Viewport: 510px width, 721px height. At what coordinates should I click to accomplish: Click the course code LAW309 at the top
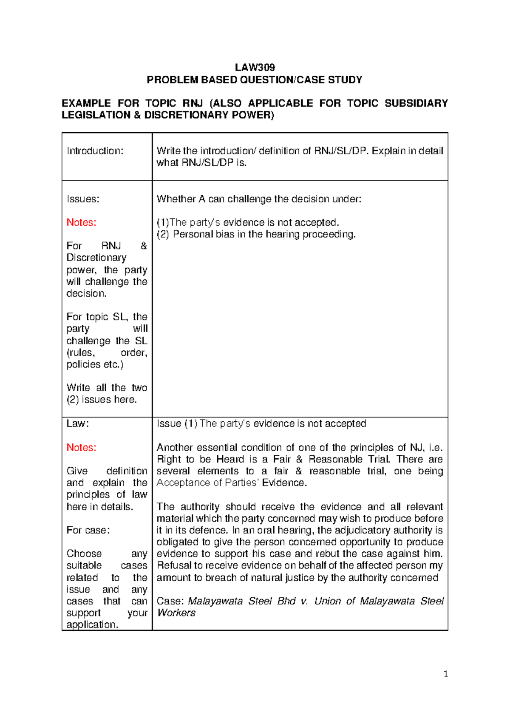(255, 67)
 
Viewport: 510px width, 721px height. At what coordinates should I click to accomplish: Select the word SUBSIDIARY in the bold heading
(416, 103)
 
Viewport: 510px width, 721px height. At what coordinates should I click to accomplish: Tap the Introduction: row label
(95, 151)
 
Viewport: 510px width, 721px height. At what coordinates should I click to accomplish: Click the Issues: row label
(83, 199)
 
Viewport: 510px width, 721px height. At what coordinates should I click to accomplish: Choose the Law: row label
(77, 423)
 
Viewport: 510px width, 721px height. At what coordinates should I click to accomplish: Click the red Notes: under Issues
(81, 222)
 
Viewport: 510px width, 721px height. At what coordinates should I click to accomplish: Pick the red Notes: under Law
(81, 447)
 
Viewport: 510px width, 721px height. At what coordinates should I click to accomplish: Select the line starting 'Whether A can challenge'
(259, 199)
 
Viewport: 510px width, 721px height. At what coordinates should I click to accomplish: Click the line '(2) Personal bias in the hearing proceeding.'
(256, 234)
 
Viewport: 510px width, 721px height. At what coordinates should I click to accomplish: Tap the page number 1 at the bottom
(445, 673)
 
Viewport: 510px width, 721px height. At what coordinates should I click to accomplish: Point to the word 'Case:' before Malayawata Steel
(170, 601)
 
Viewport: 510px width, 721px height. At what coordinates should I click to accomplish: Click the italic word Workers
(176, 613)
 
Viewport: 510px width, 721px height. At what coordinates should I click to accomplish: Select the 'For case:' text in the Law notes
(88, 530)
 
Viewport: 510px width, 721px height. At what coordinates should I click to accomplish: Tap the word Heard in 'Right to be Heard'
(230, 459)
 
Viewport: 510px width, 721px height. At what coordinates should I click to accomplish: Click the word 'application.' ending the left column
(92, 624)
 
